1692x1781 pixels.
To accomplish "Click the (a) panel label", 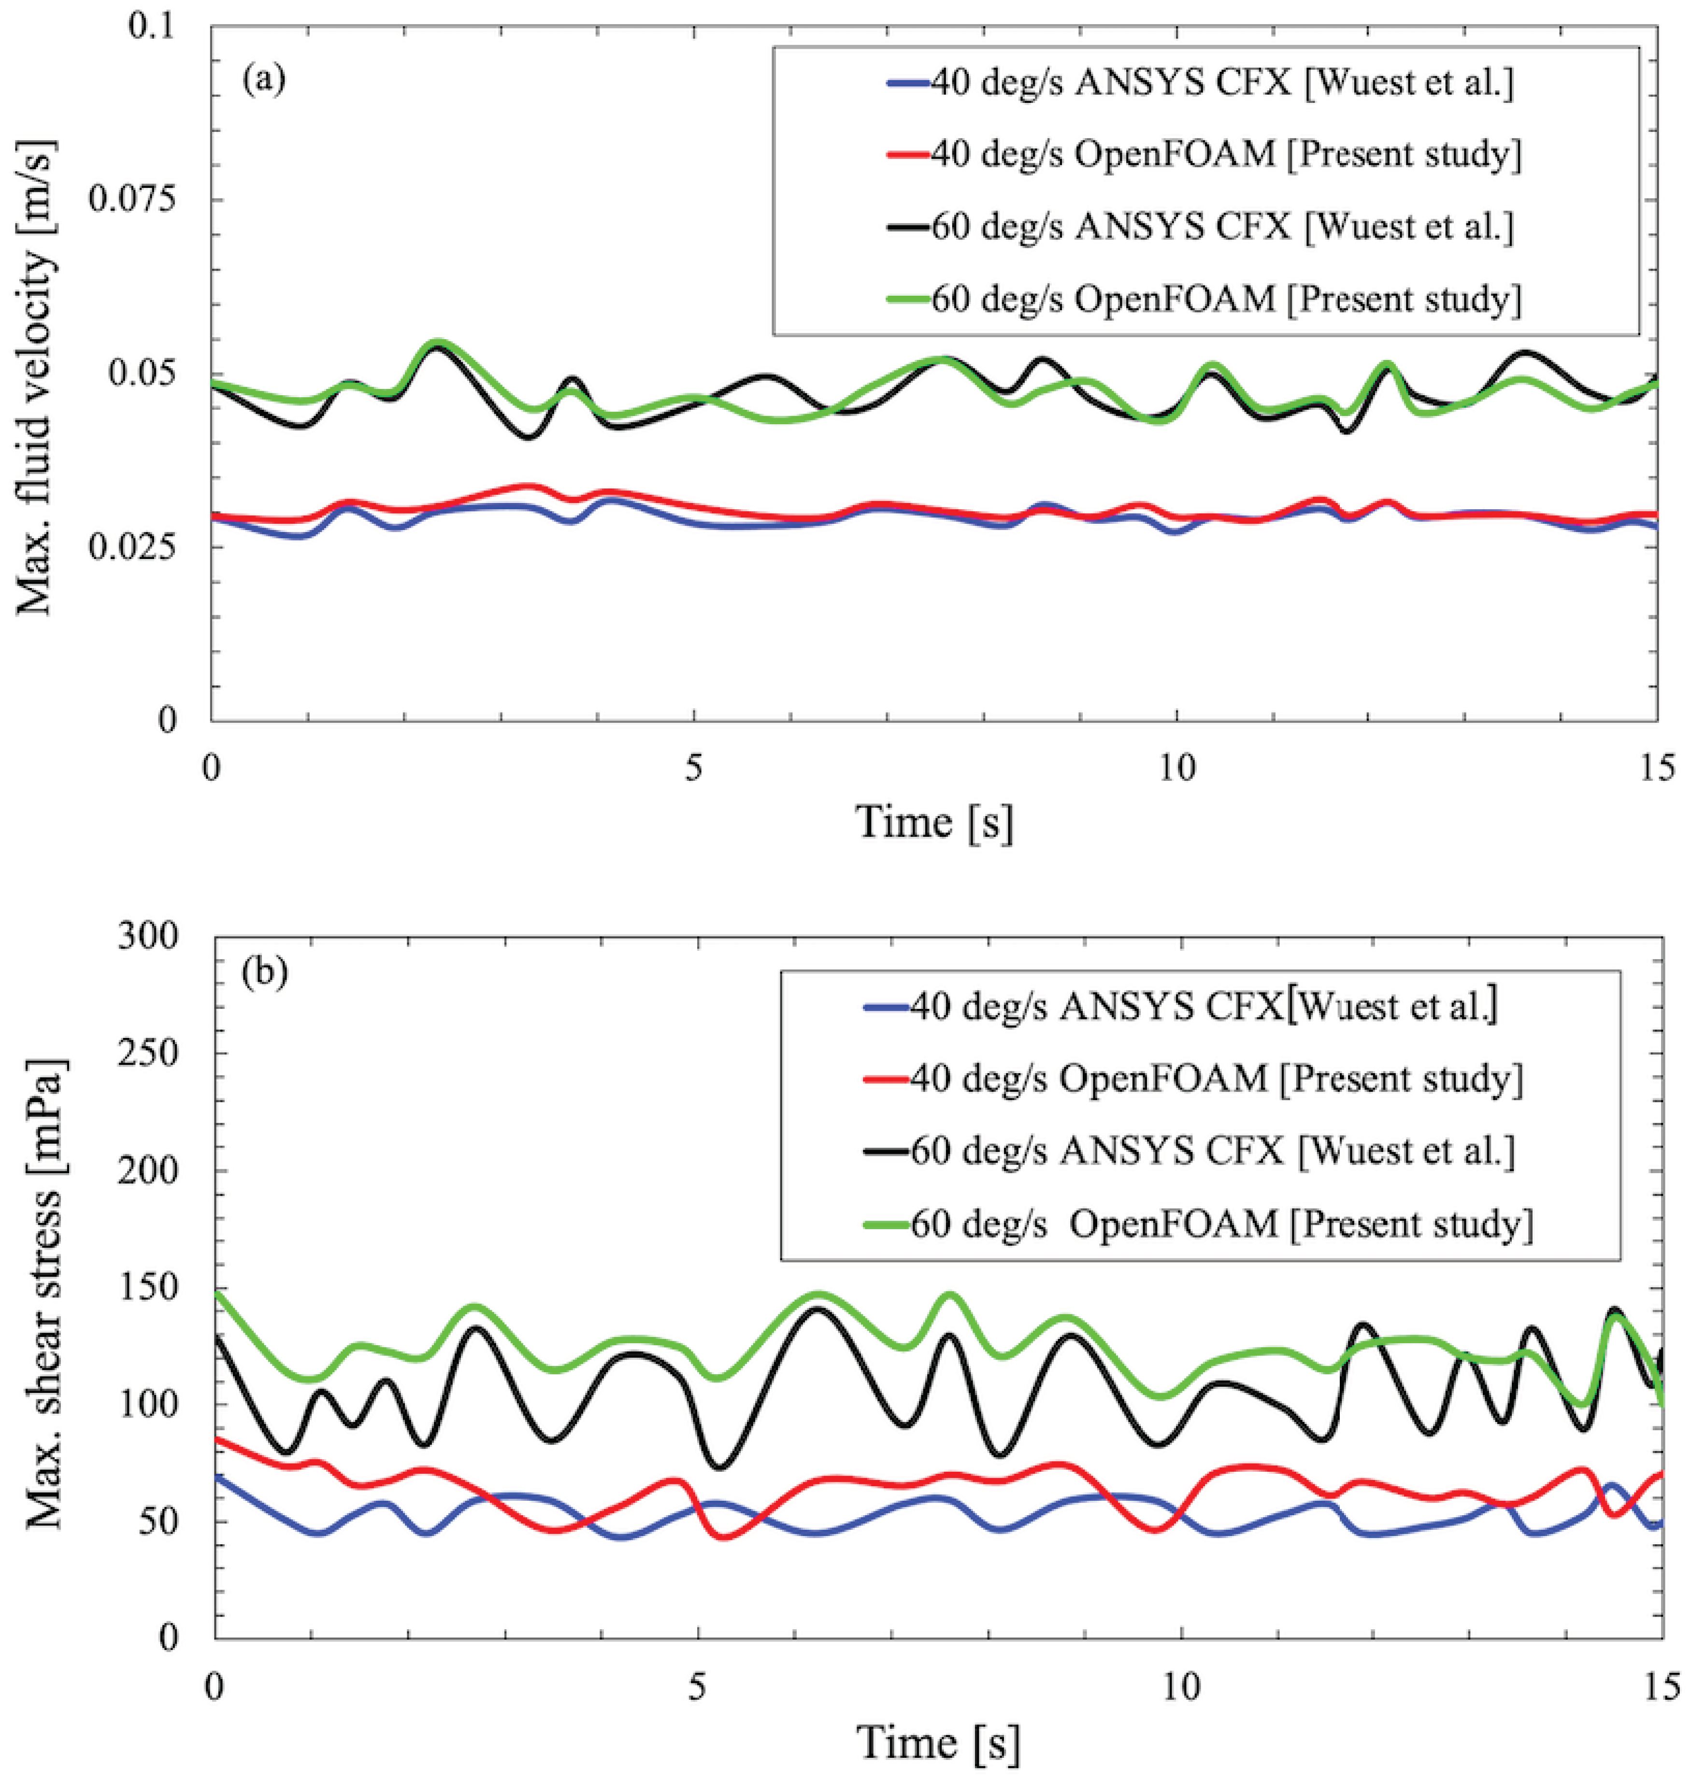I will [263, 79].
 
